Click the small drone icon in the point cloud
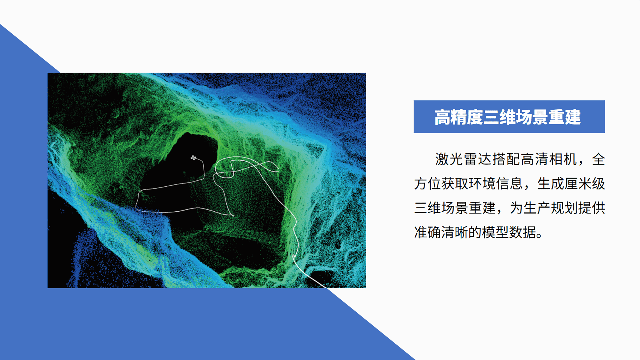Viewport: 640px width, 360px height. pyautogui.click(x=193, y=158)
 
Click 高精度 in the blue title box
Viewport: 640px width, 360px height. pyautogui.click(x=459, y=117)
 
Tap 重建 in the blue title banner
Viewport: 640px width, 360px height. pyautogui.click(x=565, y=117)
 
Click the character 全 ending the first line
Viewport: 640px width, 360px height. pyautogui.click(x=598, y=159)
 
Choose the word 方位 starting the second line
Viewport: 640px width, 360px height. pyautogui.click(x=428, y=184)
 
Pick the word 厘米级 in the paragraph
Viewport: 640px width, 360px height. pyautogui.click(x=585, y=184)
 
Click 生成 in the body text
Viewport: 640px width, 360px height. pyautogui.click(x=551, y=184)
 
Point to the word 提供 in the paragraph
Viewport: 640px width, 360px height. pyautogui.click(x=592, y=208)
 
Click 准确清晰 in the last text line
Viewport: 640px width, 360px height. pyautogui.click(x=441, y=232)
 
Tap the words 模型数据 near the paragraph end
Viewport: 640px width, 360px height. pyautogui.click(x=509, y=232)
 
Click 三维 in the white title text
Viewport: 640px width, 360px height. pyautogui.click(x=499, y=117)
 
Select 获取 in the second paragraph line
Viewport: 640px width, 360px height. pyautogui.click(x=455, y=184)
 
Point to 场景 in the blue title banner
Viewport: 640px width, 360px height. pyautogui.click(x=532, y=117)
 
